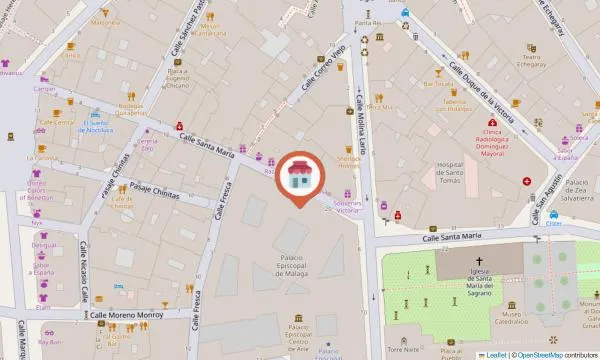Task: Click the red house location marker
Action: [299, 177]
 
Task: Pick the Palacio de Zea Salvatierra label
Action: [577, 189]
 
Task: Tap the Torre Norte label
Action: [401, 350]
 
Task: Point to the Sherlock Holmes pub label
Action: [348, 163]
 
